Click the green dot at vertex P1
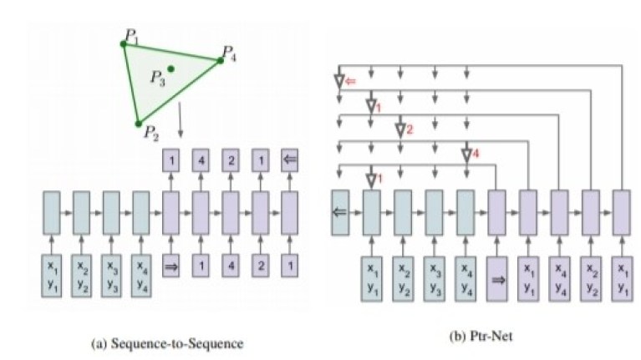click(x=124, y=43)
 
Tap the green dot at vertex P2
click(x=139, y=124)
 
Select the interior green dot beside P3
click(x=170, y=69)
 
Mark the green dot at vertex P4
click(x=221, y=61)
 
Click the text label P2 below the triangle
click(x=151, y=133)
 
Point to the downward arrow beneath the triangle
click(x=181, y=119)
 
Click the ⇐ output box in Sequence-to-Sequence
click(x=289, y=160)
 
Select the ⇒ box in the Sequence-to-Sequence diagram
click(x=170, y=266)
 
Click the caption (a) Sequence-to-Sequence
click(x=167, y=343)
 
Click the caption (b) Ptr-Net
click(x=481, y=337)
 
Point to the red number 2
click(x=410, y=129)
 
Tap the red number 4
click(x=476, y=154)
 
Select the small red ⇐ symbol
click(x=351, y=81)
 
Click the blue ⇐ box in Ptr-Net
click(x=340, y=212)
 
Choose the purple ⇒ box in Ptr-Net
click(x=496, y=280)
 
